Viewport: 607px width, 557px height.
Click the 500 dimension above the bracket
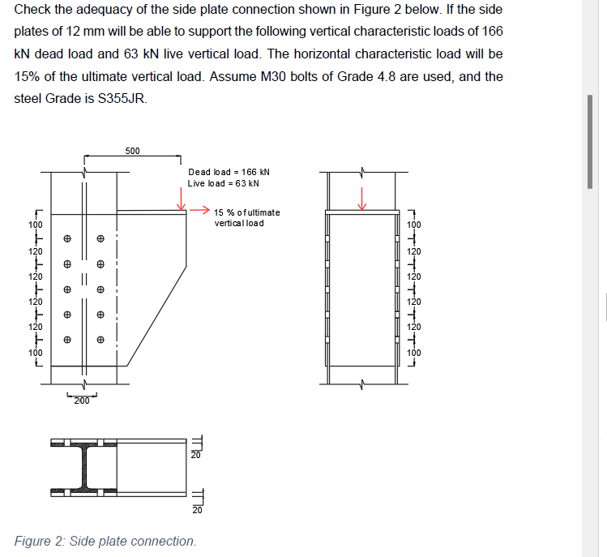132,151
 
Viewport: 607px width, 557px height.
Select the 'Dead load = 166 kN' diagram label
229,172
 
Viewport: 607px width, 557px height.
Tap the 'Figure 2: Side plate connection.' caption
105,541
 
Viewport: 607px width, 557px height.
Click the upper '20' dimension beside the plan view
194,455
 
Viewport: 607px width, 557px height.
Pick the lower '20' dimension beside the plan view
194,510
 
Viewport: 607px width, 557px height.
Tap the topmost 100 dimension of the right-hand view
415,224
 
